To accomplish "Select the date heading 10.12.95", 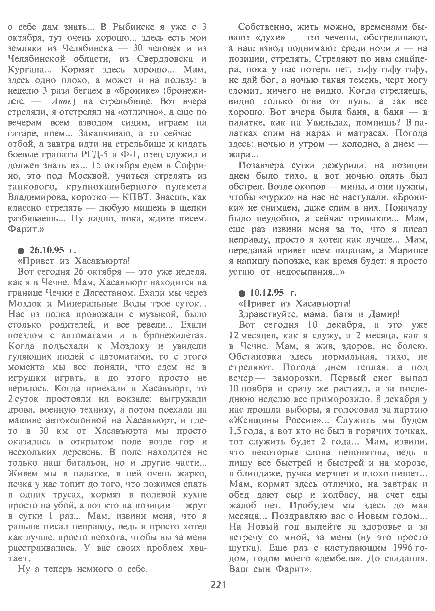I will click(x=267, y=293).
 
